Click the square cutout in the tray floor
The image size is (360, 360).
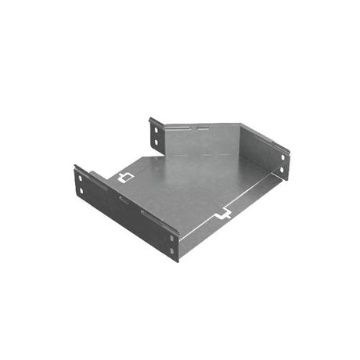click(x=123, y=178)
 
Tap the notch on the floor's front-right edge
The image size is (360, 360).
click(x=223, y=213)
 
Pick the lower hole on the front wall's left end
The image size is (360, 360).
click(x=80, y=191)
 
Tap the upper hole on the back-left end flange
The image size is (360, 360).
click(x=154, y=128)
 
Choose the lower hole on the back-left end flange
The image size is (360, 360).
click(x=155, y=141)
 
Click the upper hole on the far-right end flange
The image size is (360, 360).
click(x=282, y=157)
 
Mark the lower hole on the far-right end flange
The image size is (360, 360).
click(x=282, y=168)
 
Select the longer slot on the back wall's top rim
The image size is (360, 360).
click(x=180, y=128)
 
